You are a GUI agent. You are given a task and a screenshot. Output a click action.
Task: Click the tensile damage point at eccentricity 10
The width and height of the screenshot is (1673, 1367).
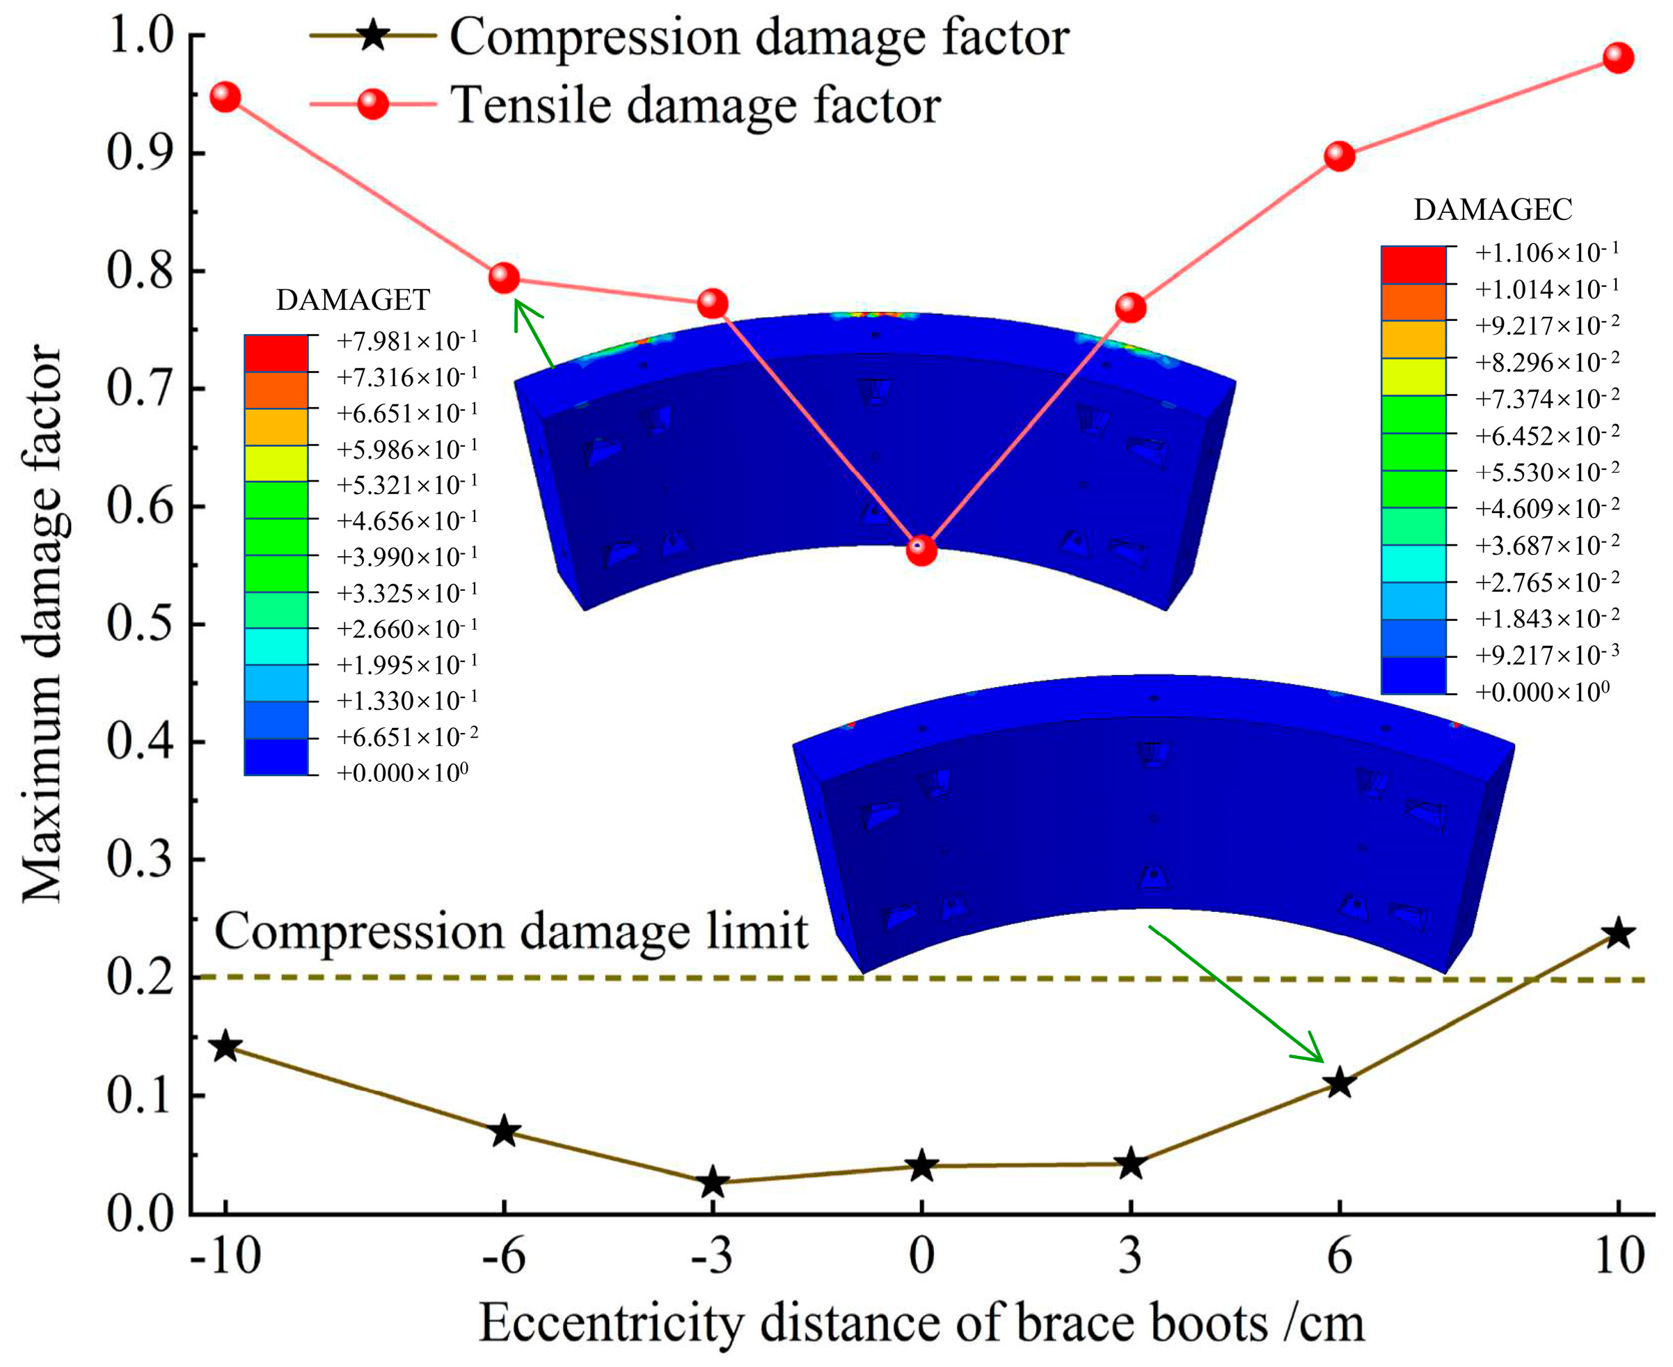click(x=1618, y=58)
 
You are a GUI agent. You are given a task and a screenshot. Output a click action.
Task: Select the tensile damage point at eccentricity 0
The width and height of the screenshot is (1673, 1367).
click(x=921, y=550)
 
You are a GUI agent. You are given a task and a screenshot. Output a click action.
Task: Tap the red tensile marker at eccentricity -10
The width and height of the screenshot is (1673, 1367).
click(x=225, y=97)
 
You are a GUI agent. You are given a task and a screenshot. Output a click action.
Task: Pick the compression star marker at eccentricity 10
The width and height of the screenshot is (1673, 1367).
click(x=1618, y=934)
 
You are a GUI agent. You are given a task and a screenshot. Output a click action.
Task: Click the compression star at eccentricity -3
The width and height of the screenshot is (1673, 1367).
click(x=713, y=1182)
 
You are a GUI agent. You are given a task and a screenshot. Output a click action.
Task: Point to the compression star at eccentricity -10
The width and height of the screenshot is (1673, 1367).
click(x=225, y=1047)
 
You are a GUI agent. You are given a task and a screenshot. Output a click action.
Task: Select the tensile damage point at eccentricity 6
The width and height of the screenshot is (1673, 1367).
click(x=1339, y=156)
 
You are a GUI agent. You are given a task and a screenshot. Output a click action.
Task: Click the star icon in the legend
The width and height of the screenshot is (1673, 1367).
click(x=372, y=35)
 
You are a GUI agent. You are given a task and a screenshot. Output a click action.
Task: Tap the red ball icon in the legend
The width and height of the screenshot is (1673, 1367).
click(x=372, y=103)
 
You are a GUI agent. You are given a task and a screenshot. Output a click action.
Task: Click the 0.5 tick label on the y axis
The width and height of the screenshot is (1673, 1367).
click(x=140, y=624)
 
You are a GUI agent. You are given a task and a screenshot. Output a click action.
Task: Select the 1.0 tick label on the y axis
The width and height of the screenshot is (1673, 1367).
click(x=140, y=35)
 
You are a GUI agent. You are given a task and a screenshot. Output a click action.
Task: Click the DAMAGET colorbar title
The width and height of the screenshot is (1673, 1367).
click(x=353, y=300)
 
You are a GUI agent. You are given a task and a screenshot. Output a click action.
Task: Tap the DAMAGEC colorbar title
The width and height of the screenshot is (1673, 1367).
click(x=1493, y=210)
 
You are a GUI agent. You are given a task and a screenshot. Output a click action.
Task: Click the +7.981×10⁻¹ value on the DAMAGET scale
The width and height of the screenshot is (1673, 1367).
click(x=407, y=341)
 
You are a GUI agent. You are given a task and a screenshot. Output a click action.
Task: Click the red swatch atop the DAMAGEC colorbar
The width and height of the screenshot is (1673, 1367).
click(x=1413, y=264)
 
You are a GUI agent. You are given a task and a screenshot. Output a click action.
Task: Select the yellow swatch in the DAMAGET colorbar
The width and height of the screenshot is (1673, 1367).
click(x=276, y=463)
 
